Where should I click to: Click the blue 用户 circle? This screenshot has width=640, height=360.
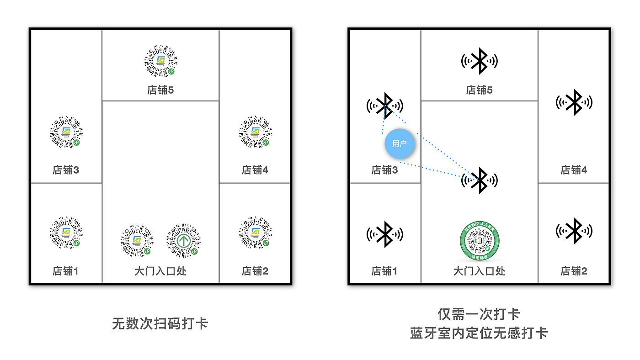(x=399, y=143)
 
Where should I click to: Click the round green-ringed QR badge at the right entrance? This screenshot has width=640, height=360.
(x=479, y=241)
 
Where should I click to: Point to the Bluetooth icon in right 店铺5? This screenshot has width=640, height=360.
(x=479, y=61)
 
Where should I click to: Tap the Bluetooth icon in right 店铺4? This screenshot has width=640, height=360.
(x=574, y=102)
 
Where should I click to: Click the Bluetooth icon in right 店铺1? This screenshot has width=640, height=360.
(x=384, y=234)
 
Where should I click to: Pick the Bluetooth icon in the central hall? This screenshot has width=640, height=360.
(x=479, y=180)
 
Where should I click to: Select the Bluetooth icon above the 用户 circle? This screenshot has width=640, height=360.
(x=384, y=106)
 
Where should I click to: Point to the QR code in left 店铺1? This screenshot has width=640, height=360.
(x=66, y=233)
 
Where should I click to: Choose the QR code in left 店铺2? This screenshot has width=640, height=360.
(x=255, y=233)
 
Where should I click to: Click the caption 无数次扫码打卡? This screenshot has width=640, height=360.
(x=160, y=323)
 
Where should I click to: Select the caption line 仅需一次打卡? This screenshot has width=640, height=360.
(x=479, y=314)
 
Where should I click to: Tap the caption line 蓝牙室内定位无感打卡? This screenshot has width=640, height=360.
(x=479, y=333)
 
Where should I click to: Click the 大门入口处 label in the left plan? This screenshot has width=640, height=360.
(x=160, y=271)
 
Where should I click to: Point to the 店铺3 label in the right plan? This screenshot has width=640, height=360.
(x=384, y=170)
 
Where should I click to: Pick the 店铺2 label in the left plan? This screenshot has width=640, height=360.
(x=255, y=271)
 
